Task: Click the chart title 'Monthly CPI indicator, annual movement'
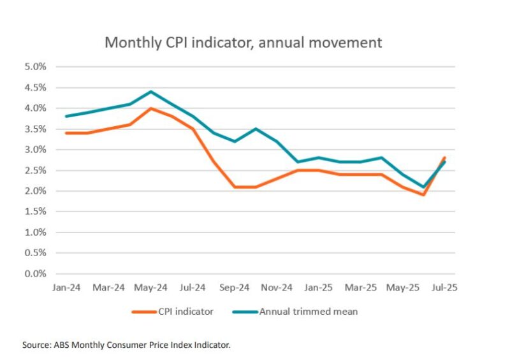tap(243, 43)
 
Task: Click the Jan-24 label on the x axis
tap(66, 287)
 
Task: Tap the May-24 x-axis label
tap(151, 287)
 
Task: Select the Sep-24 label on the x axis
tap(235, 287)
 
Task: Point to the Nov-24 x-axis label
tap(277, 287)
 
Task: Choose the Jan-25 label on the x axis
tap(318, 287)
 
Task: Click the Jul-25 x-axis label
tap(444, 287)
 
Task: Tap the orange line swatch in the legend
tap(145, 312)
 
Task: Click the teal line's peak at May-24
tap(150, 92)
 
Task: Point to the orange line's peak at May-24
tap(150, 108)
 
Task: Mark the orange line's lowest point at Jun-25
tap(423, 195)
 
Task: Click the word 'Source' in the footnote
tap(37, 345)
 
